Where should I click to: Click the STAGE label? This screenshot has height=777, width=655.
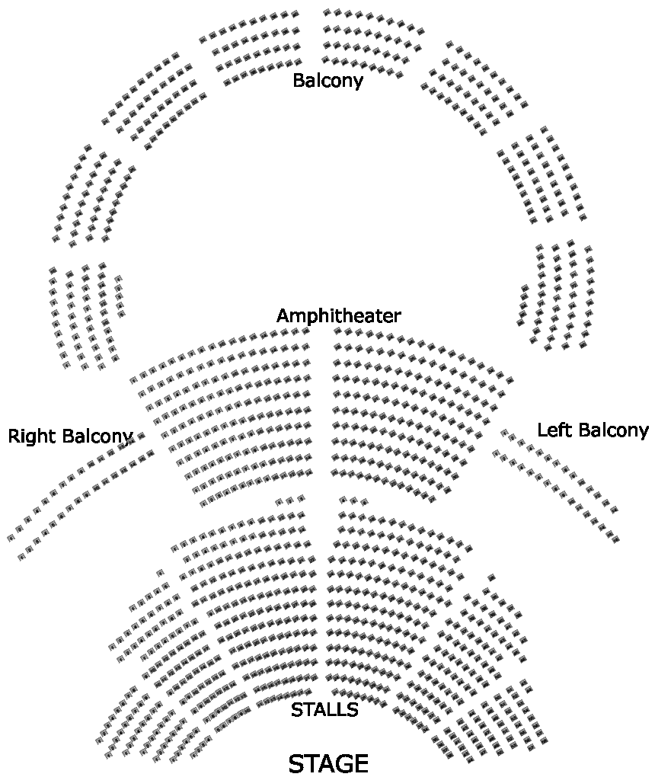(x=328, y=763)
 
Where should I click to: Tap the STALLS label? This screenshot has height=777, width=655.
(x=324, y=710)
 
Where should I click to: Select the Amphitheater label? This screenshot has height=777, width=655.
(x=338, y=316)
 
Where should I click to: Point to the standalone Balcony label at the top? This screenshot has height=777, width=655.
(x=327, y=80)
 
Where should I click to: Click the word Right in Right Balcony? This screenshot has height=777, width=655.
(x=32, y=436)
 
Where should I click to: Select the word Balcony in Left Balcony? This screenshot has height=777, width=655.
(x=609, y=430)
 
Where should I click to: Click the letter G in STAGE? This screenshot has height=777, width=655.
(x=340, y=763)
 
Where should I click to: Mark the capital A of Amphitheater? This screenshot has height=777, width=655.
(x=283, y=316)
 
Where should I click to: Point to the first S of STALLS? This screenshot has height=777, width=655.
(x=296, y=710)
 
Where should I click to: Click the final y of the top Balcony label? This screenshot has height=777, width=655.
(x=358, y=82)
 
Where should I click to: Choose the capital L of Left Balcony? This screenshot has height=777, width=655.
(x=542, y=430)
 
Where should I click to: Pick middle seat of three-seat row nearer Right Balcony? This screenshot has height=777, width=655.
(x=289, y=500)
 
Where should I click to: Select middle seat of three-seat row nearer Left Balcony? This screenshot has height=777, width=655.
(x=353, y=500)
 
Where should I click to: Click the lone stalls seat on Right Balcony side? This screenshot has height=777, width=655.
(x=159, y=573)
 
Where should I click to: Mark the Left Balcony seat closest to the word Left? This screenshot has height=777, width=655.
(x=504, y=433)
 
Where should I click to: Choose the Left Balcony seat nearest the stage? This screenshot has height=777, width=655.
(x=615, y=539)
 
